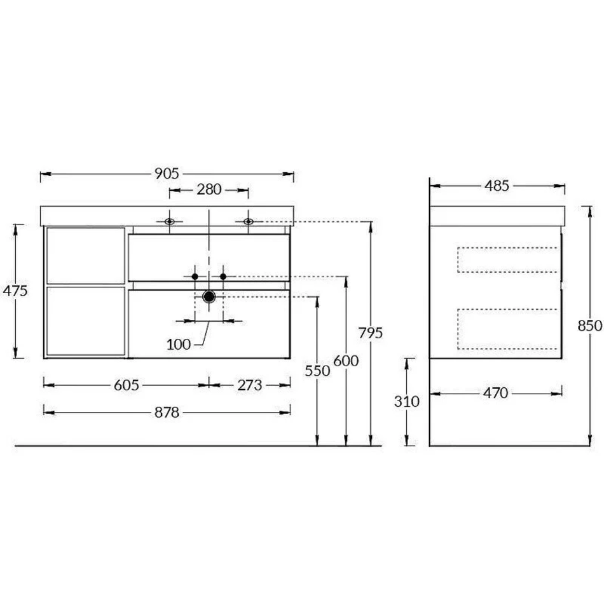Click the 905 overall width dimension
click(x=167, y=174)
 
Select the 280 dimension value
click(x=209, y=189)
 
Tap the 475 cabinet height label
click(x=15, y=291)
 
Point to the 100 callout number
click(x=179, y=345)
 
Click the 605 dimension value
click(x=127, y=385)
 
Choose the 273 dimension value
click(x=250, y=385)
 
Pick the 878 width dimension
click(x=167, y=413)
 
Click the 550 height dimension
click(x=317, y=371)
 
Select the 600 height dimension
click(x=346, y=361)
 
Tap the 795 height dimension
click(x=371, y=333)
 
